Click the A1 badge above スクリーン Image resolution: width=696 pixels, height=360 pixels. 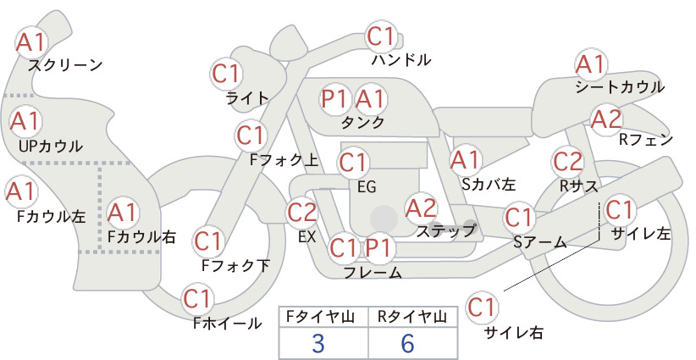point(31,42)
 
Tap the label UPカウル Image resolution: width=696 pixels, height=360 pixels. point(51,146)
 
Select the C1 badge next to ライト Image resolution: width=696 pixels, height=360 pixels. point(226,75)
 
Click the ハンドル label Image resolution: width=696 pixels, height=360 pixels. point(401,59)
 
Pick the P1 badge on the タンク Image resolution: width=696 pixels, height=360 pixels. point(334,98)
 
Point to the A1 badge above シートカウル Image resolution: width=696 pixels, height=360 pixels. point(591,65)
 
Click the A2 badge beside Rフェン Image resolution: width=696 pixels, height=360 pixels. point(606,119)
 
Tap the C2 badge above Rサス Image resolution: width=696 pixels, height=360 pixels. point(567,162)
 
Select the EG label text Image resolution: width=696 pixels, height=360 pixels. point(367,187)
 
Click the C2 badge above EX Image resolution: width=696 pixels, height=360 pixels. point(301,212)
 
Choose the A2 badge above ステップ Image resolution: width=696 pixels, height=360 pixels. point(421,208)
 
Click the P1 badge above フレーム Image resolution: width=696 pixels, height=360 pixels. point(378,247)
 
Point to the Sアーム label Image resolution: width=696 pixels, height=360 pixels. point(540,242)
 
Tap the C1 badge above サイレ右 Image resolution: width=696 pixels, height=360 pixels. point(482,307)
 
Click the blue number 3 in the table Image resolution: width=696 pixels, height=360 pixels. point(318,343)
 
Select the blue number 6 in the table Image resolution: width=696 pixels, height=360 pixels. point(407,343)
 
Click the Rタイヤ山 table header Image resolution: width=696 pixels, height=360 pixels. point(412,317)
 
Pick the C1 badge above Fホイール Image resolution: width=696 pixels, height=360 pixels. point(197,300)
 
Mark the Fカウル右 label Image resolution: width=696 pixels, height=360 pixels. point(141,237)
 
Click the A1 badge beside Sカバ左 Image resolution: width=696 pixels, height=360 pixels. point(465,161)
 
